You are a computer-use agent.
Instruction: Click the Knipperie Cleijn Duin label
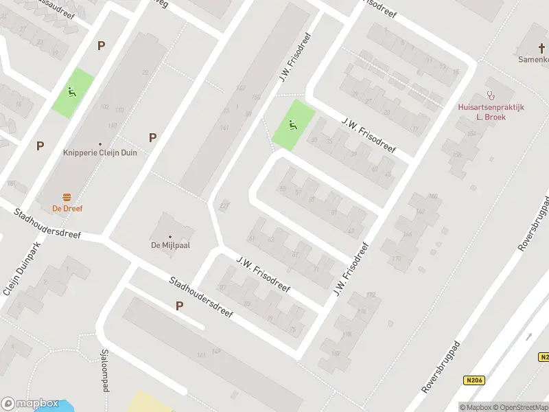100,152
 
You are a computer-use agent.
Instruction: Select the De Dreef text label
67,208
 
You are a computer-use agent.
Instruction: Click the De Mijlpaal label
170,244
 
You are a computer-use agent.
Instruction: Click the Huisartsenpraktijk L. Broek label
491,112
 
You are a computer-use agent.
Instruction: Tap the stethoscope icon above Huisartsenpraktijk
490,96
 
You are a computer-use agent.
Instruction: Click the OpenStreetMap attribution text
519,407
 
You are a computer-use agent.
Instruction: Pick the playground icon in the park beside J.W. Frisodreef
293,125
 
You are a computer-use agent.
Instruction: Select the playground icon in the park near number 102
72,92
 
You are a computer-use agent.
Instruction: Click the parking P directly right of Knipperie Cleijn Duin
152,137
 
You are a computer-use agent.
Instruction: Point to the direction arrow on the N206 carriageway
529,336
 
